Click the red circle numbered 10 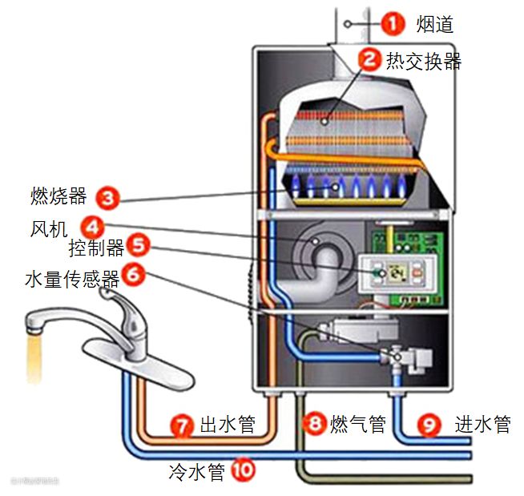(x=240, y=470)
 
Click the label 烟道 (x=435, y=24)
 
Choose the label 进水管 (x=482, y=424)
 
